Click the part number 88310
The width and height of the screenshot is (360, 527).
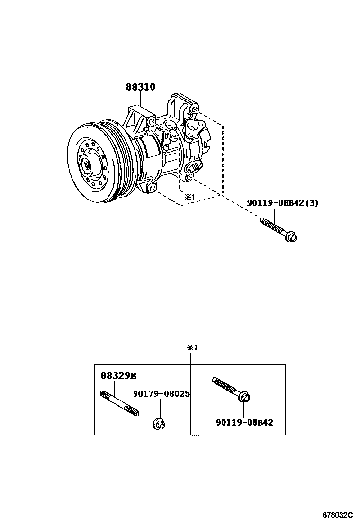pos(141,87)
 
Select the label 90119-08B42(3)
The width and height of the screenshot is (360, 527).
pos(283,203)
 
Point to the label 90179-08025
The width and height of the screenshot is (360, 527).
pos(161,393)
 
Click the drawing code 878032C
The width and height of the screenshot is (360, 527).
pos(337,515)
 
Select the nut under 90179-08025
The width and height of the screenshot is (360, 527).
pos(159,424)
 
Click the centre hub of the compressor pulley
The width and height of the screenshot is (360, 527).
pos(88,165)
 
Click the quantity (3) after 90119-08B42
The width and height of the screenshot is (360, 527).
pos(311,203)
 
